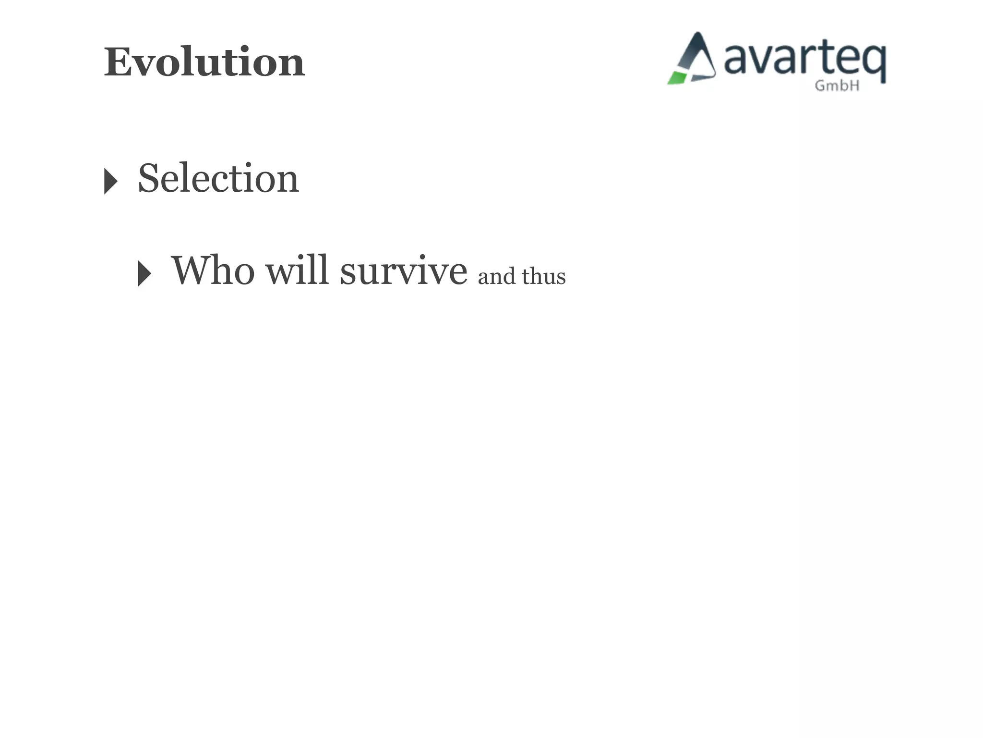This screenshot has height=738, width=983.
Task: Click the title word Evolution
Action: [x=204, y=62]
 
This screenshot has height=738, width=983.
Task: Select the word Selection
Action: [x=218, y=178]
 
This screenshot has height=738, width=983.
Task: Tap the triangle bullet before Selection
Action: [x=110, y=181]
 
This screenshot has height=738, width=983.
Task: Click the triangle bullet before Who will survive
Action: [x=144, y=273]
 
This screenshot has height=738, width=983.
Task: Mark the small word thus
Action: [x=544, y=277]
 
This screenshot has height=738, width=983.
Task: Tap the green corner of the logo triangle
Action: [x=677, y=78]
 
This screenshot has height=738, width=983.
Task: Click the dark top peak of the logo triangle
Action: [x=697, y=40]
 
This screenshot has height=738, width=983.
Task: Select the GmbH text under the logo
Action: [x=837, y=86]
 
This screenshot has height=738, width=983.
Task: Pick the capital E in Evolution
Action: [x=118, y=62]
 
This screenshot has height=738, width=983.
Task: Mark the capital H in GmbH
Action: [x=853, y=86]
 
